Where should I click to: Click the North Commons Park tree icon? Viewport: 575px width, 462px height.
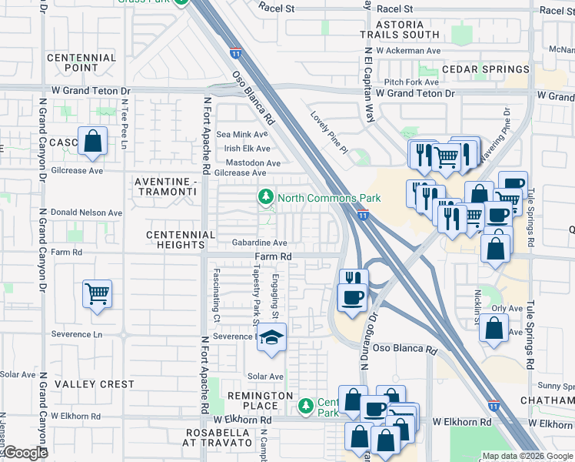coord(266,198)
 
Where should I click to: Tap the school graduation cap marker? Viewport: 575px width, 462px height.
coord(271,337)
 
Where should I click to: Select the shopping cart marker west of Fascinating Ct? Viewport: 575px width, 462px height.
coord(98,293)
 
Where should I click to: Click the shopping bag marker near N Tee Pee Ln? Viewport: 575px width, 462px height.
coord(92,141)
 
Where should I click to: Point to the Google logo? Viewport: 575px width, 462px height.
coord(25,453)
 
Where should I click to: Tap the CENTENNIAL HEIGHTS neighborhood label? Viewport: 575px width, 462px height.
coord(181,239)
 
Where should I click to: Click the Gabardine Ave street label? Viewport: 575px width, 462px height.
coord(260,242)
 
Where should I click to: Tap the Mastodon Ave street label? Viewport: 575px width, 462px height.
coord(253,163)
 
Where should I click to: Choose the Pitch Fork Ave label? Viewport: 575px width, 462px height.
coord(411,82)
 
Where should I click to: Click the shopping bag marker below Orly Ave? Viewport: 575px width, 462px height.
coord(494,326)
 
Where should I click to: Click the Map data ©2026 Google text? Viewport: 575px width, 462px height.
coord(527,456)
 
